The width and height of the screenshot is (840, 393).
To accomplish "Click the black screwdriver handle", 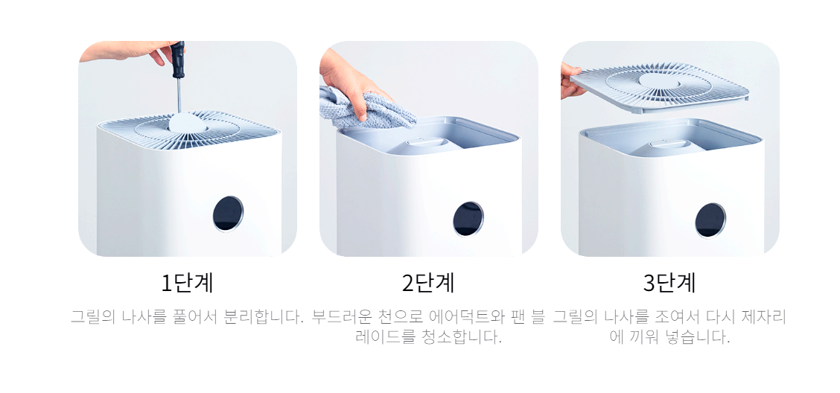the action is pos(178,60).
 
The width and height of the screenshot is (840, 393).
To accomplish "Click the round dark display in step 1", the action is pos(228,213).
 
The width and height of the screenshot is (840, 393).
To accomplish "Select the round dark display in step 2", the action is pos(468,218).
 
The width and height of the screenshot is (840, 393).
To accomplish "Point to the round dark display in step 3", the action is pos(710,220).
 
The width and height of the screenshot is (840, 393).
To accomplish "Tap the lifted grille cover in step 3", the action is pos(658,87).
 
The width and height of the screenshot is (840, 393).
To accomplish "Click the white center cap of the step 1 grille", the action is pos(188,122).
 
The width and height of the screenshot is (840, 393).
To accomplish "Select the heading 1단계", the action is pos(188,283).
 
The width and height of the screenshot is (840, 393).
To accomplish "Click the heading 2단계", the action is pos(428,283).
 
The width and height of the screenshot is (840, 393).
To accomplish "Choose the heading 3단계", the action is pos(669,283).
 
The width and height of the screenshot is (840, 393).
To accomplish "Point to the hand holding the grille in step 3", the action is pos(571,81).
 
